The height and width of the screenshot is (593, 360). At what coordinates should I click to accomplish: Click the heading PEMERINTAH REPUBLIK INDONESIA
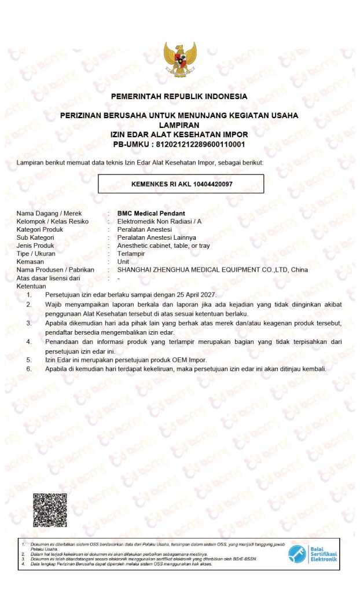click(x=179, y=96)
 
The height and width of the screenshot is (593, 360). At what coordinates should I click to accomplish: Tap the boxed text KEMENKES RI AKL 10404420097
click(x=181, y=184)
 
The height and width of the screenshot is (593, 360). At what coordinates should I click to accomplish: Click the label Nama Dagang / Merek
click(x=49, y=213)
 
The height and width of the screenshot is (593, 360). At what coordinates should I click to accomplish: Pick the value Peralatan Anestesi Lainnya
click(x=156, y=237)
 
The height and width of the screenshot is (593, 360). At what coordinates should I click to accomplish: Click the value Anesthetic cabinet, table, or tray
click(x=163, y=246)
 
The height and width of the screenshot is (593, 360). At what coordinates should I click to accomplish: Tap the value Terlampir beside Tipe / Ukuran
click(x=131, y=254)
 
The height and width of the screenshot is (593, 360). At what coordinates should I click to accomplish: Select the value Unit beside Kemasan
click(x=123, y=262)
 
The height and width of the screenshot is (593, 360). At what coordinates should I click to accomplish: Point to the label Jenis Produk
click(x=38, y=246)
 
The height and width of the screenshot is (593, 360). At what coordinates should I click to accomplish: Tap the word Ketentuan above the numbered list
click(x=31, y=286)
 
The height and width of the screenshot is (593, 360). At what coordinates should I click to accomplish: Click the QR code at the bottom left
click(x=50, y=510)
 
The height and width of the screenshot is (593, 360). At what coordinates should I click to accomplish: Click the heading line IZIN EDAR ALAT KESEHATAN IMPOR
click(x=179, y=134)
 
